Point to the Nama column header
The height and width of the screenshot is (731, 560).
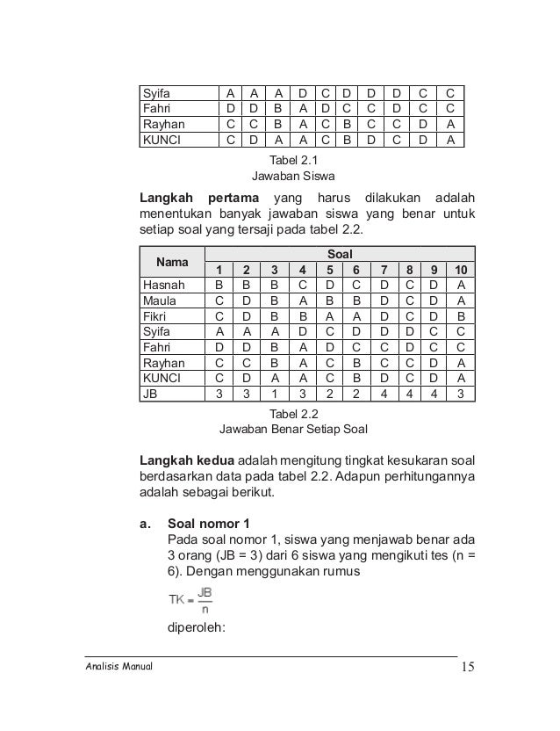point(171,262)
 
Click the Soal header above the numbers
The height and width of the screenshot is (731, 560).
point(339,254)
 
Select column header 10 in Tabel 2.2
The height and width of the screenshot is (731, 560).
point(460,270)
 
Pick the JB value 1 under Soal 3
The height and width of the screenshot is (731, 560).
point(274,394)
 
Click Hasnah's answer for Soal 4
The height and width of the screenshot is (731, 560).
point(302,285)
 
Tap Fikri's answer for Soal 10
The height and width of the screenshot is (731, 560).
point(460,316)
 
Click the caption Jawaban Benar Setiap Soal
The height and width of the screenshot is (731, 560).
point(293,431)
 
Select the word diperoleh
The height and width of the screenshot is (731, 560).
point(196,628)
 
